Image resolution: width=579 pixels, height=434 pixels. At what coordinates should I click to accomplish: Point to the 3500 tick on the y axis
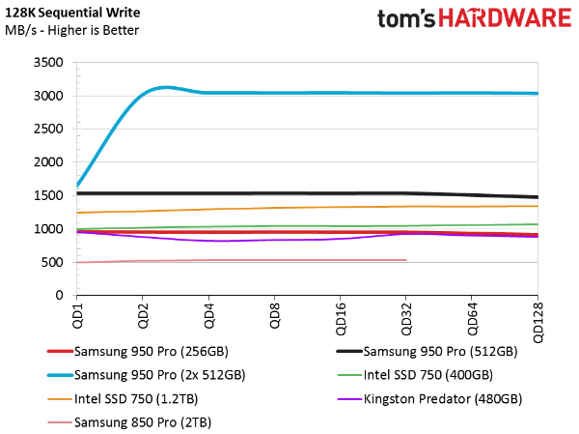coord(49,63)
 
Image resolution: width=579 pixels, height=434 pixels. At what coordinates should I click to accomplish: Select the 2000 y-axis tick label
coord(49,162)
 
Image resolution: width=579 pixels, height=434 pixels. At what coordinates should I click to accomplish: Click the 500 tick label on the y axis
coord(52,262)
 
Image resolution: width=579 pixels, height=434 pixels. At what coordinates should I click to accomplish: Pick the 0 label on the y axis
coord(59,296)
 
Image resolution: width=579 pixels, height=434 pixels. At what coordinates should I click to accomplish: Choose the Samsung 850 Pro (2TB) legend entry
coord(143,422)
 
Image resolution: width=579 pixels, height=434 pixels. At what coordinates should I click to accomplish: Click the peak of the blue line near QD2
coord(166,87)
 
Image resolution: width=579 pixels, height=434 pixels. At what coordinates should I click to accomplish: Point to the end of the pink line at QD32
coord(405,260)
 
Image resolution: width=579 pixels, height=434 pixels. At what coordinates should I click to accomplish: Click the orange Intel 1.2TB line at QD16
coord(340,207)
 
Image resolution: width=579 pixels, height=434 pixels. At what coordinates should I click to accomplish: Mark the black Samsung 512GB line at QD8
coord(274,193)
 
